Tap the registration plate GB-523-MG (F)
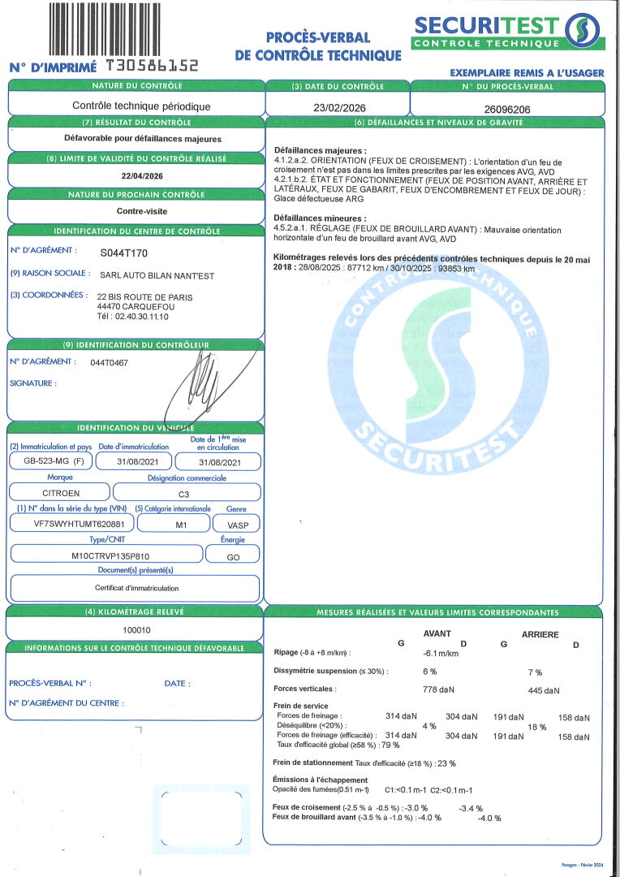tap(48, 461)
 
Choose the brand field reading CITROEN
tap(60, 493)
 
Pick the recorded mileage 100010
tap(136, 630)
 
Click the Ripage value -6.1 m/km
tap(441, 653)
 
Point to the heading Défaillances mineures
tap(319, 218)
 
